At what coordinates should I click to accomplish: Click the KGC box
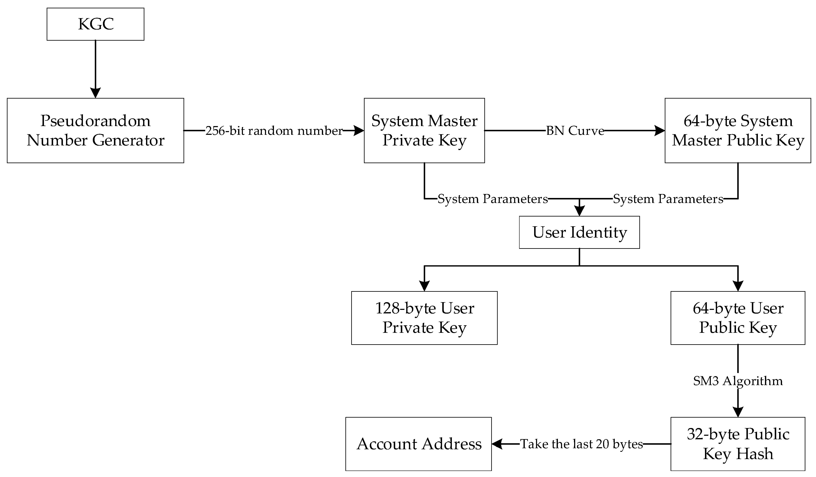96,24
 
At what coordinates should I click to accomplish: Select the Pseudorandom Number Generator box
96,130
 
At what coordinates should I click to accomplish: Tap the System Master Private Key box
424,130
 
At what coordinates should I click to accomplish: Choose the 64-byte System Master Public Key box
738,130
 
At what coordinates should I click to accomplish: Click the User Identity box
579,233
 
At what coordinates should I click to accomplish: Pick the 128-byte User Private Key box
424,318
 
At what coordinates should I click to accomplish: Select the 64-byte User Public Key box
738,318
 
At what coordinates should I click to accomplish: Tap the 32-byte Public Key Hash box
738,444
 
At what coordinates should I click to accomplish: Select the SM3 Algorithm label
738,381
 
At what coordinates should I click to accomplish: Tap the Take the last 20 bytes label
581,444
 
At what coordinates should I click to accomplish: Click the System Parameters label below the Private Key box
492,199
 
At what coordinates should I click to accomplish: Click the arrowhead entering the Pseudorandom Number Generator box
96,93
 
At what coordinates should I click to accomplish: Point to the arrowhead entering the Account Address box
497,444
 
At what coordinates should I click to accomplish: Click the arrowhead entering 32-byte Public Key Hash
738,412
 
